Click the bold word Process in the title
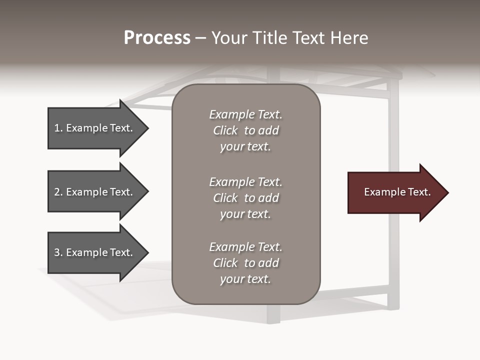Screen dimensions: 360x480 [x=157, y=38]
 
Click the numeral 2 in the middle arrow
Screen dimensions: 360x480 [x=57, y=192]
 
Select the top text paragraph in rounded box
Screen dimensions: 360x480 [x=245, y=130]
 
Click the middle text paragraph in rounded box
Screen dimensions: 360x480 [x=245, y=198]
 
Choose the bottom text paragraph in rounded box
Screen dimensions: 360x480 [x=245, y=263]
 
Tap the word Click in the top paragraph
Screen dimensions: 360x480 [x=225, y=130]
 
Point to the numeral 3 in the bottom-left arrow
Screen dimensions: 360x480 [x=57, y=252]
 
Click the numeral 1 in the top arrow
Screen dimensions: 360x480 [x=57, y=128]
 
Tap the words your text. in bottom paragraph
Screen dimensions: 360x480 [x=245, y=279]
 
